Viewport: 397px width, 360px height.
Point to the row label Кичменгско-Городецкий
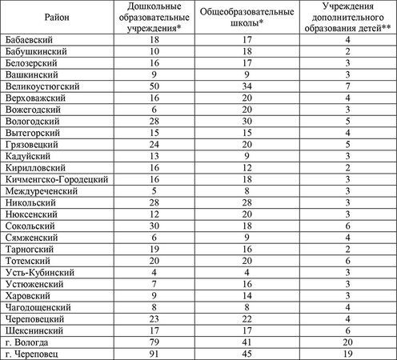55,181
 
